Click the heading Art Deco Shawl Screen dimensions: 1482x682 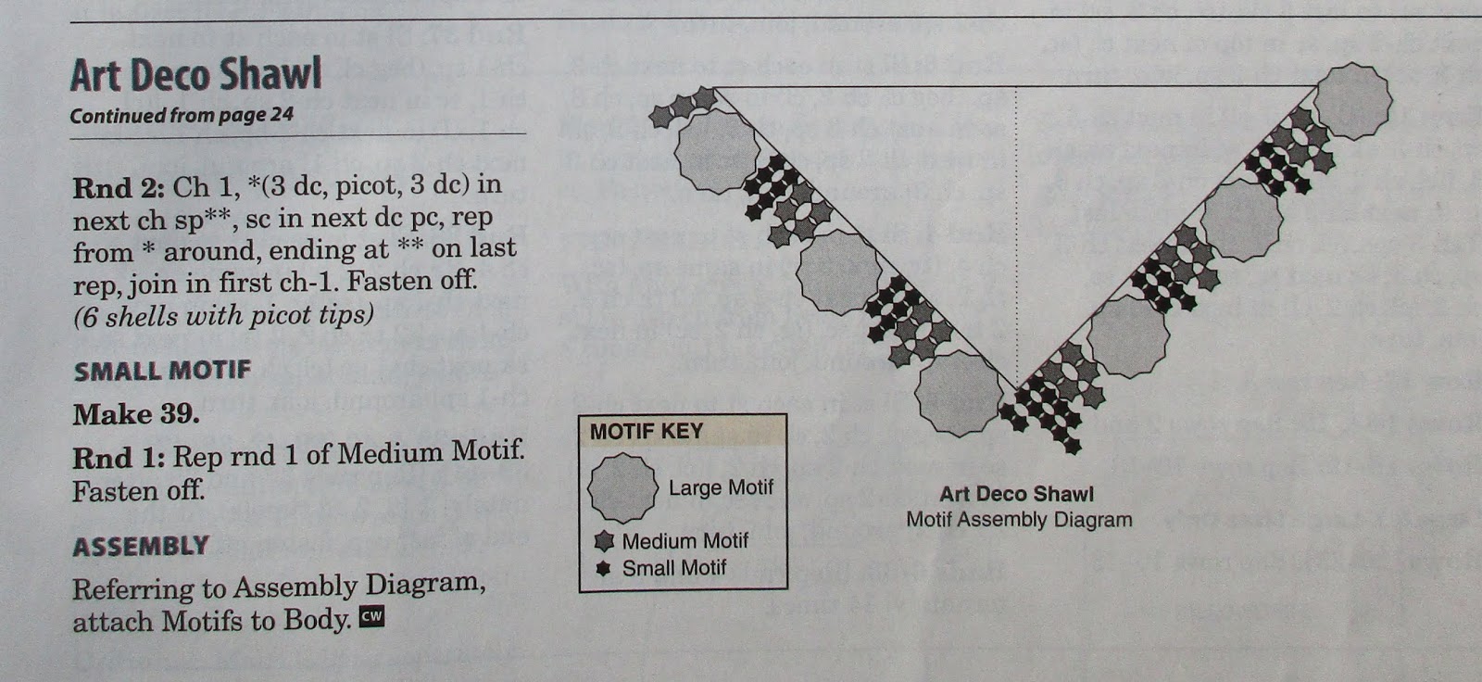tap(195, 74)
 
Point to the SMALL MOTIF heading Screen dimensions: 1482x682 tap(162, 371)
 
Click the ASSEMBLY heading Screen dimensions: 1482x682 tap(141, 546)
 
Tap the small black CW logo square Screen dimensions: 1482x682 tap(371, 616)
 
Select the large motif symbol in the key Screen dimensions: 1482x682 tap(622, 488)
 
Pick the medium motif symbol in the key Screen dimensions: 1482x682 tap(604, 541)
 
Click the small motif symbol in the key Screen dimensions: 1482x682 tap(604, 568)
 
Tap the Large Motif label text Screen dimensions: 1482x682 tap(721, 487)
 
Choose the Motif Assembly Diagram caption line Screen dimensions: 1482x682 tap(1019, 520)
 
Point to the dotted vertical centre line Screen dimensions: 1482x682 tap(1016, 232)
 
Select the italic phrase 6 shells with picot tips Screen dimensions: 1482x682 tap(223, 316)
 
